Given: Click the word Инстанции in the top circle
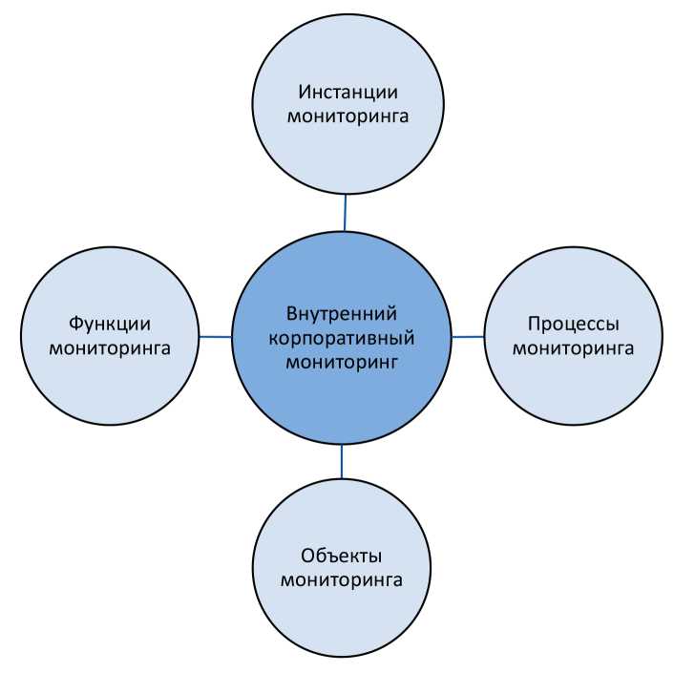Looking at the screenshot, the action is (348, 93).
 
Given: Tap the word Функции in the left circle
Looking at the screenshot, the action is (110, 323).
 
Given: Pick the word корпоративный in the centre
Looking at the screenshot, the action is (341, 338).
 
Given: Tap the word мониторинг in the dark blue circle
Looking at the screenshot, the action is (341, 363).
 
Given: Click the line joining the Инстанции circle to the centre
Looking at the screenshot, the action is (345, 212).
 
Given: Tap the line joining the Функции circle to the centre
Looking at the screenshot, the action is (215, 336).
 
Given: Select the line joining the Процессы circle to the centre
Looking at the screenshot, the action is (467, 336).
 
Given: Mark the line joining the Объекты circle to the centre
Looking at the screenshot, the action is (342, 461).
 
